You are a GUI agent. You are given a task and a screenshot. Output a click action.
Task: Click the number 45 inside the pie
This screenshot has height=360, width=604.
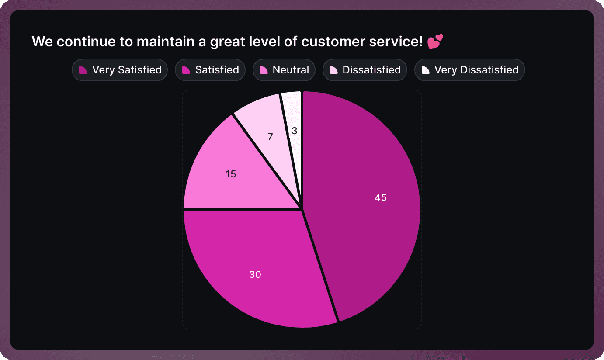[381, 197]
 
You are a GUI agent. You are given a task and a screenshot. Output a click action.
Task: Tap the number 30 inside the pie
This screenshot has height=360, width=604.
[255, 274]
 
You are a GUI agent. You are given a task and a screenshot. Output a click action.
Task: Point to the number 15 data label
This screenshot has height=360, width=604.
[231, 174]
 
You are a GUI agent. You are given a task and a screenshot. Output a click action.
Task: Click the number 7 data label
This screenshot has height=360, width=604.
[270, 137]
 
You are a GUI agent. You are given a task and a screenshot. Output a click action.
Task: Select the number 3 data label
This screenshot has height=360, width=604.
[295, 131]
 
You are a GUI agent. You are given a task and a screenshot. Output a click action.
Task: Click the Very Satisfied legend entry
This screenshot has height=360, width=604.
[120, 70]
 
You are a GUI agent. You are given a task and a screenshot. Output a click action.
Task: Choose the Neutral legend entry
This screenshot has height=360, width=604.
[284, 70]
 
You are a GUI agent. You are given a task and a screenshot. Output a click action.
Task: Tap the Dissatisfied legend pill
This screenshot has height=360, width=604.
[365, 70]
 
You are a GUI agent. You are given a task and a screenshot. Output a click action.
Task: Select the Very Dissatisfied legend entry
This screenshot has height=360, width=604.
[470, 70]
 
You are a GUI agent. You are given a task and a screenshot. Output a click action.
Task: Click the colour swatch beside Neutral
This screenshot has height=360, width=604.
[264, 70]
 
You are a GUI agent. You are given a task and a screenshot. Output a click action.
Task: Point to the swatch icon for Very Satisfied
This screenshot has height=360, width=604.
[83, 70]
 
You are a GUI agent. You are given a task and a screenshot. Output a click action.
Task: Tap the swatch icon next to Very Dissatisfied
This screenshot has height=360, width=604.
[425, 70]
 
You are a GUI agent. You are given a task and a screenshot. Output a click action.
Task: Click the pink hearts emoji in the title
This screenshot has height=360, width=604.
[435, 42]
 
